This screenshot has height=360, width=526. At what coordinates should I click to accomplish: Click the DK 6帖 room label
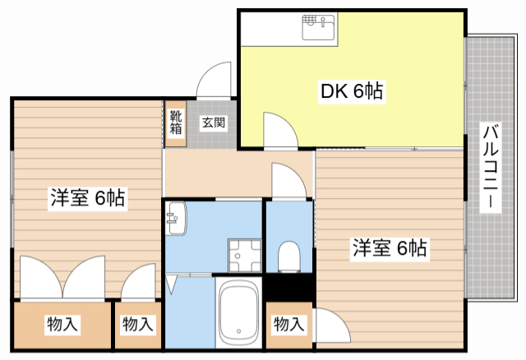(x=351, y=91)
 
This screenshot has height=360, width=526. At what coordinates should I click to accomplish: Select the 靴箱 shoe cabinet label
(x=176, y=123)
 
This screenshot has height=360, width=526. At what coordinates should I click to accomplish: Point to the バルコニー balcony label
(x=491, y=168)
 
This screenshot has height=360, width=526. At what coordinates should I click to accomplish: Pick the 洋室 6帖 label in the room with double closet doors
(x=88, y=198)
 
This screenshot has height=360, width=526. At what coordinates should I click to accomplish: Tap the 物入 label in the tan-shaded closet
(x=62, y=325)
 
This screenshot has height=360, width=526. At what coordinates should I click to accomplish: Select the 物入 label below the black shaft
(x=288, y=325)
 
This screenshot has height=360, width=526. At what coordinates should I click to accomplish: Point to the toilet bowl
(x=288, y=256)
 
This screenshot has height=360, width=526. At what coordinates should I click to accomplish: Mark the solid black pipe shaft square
(x=288, y=288)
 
